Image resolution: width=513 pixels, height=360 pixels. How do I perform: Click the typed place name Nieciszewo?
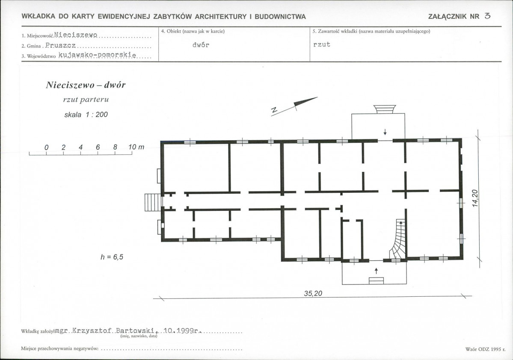pyautogui.click(x=76, y=35)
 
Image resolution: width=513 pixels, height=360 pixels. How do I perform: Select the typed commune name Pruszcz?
pyautogui.click(x=60, y=45)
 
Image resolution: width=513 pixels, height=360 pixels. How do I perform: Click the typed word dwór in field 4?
pyautogui.click(x=201, y=45)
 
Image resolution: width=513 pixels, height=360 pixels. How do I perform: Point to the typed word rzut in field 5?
pyautogui.click(x=322, y=44)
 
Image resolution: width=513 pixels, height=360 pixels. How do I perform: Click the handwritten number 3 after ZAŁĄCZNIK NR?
pyautogui.click(x=487, y=16)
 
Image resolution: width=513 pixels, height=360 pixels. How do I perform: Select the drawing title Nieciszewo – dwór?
pyautogui.click(x=86, y=85)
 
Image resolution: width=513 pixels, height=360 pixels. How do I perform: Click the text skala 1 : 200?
pyautogui.click(x=86, y=115)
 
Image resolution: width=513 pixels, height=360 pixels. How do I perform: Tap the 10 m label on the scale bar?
pyautogui.click(x=136, y=147)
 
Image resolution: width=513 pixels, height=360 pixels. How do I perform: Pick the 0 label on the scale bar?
pyautogui.click(x=47, y=148)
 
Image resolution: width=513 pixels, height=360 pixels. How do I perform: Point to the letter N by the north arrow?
pyautogui.click(x=274, y=111)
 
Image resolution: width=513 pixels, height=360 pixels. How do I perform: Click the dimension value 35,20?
pyautogui.click(x=313, y=293)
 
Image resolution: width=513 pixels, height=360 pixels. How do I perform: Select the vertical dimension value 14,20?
pyautogui.click(x=475, y=198)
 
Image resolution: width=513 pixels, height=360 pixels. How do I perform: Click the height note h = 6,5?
pyautogui.click(x=112, y=257)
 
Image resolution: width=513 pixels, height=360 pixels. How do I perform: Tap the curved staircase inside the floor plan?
pyautogui.click(x=398, y=239)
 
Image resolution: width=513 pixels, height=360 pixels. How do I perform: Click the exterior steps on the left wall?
pyautogui.click(x=152, y=202)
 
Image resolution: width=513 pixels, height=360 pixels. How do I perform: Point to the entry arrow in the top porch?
pyautogui.click(x=385, y=132)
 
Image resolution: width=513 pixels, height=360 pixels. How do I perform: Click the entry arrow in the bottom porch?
pyautogui.click(x=376, y=271)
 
